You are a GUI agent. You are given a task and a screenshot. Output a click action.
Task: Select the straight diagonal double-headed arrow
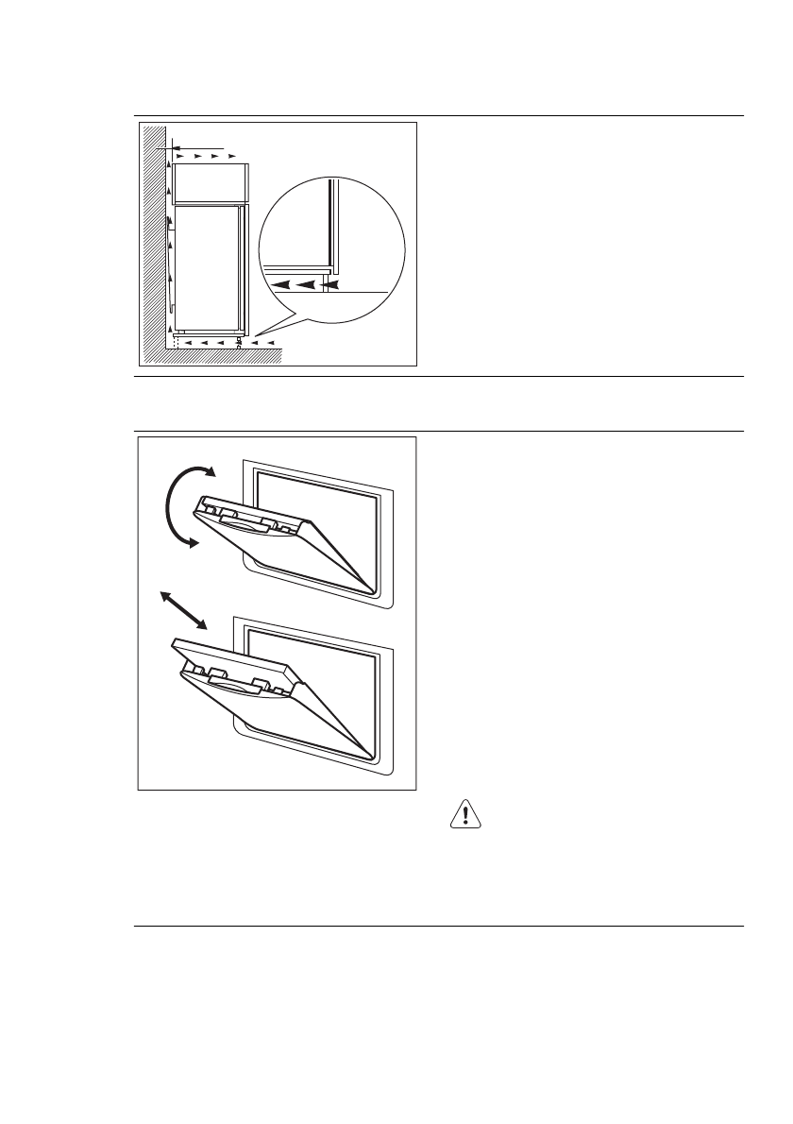[x=183, y=610]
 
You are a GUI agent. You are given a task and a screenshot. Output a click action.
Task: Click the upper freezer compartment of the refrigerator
[x=210, y=182]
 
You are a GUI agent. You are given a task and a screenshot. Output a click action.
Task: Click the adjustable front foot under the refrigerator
[x=239, y=343]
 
